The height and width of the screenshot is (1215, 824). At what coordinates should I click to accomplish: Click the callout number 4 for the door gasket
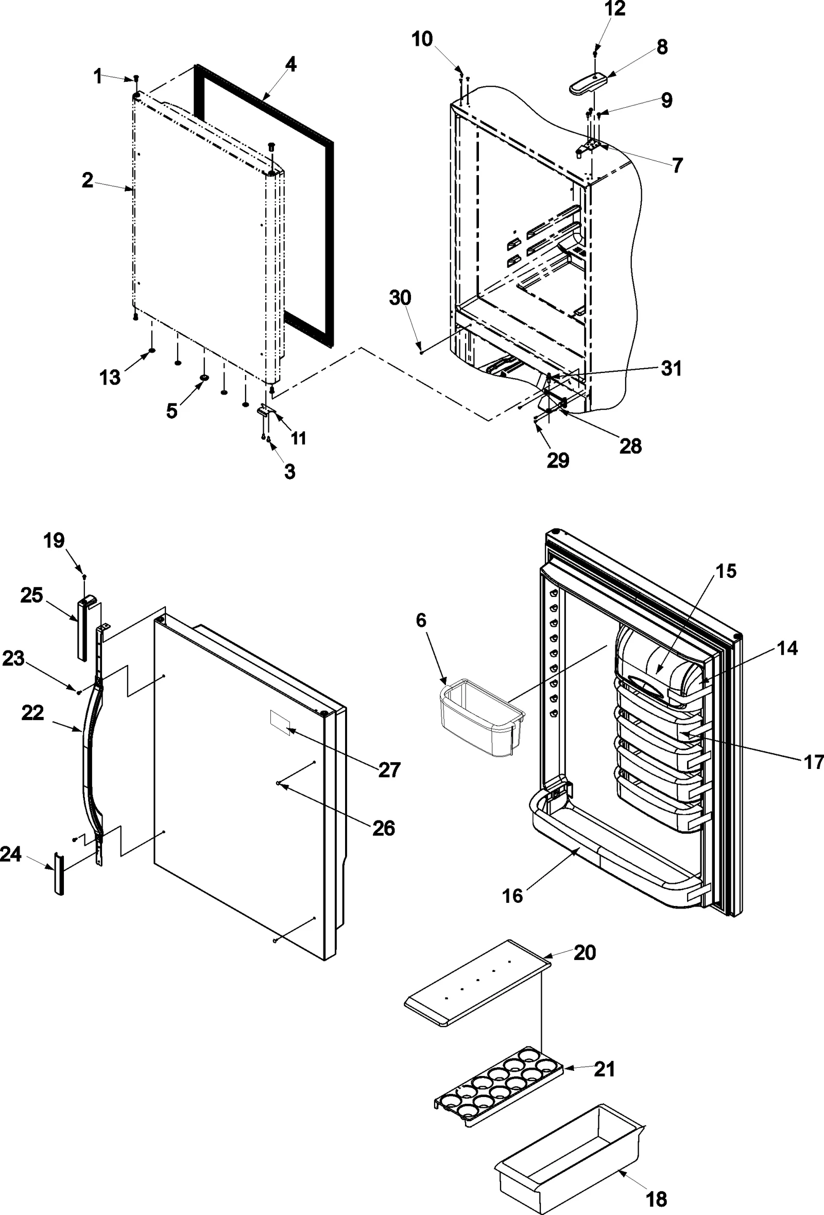(290, 65)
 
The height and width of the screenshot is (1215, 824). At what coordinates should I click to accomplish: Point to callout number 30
(400, 298)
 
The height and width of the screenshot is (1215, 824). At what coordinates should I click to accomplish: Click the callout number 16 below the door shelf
(512, 896)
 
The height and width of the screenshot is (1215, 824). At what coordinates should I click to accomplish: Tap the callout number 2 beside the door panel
(88, 181)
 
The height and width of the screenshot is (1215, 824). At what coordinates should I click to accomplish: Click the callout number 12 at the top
(615, 9)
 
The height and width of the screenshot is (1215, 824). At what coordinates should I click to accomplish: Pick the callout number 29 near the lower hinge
(558, 460)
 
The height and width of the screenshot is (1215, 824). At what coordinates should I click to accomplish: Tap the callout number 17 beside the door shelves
(813, 762)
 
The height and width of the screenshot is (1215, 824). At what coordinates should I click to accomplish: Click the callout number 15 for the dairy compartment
(726, 571)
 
